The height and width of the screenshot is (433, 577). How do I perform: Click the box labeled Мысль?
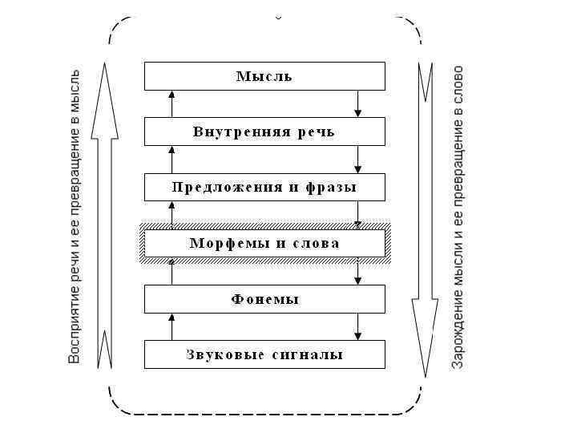pos(264,77)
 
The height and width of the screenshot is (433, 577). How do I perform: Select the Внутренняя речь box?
pos(264,132)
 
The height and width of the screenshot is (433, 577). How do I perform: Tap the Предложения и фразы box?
pos(264,188)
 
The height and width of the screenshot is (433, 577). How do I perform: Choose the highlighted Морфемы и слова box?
pos(264,243)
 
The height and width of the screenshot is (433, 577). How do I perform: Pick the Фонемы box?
pos(264,299)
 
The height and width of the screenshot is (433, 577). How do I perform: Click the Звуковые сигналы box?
pos(264,354)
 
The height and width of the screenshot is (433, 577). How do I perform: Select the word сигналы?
pos(314,354)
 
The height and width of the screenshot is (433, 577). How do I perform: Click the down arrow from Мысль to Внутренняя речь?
pos(358,103)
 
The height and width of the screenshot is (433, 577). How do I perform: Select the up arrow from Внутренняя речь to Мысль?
pos(171,103)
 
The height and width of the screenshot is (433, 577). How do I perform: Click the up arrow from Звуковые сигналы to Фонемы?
pos(171,326)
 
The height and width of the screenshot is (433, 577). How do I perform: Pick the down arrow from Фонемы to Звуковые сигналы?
pos(358,326)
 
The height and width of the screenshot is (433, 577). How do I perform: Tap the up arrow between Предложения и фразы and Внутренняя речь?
pos(171,160)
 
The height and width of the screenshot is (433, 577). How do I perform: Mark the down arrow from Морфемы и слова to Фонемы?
pos(358,272)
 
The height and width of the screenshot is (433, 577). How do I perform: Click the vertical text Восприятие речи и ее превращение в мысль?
pos(75,216)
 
